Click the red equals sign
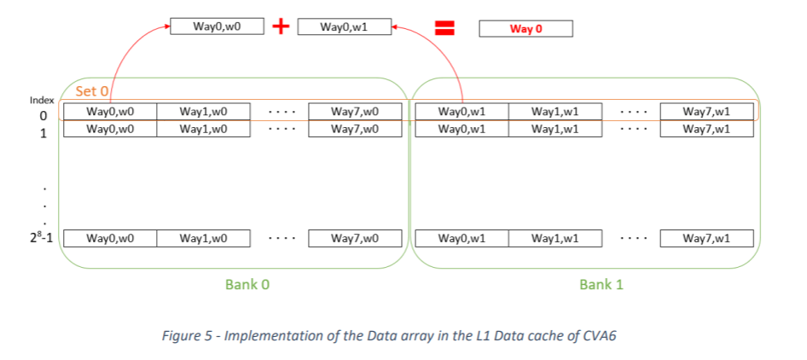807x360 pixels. click(443, 27)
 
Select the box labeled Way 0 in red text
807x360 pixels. click(525, 29)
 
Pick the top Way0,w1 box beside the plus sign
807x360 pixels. click(344, 27)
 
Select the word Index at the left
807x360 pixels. click(42, 100)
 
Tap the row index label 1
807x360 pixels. click(43, 131)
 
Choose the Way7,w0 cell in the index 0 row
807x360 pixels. click(355, 112)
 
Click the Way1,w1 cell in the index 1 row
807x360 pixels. click(555, 129)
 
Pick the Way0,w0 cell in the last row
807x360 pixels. click(110, 238)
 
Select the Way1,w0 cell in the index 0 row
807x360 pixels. click(203, 112)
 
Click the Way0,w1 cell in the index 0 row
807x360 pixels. click(462, 112)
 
